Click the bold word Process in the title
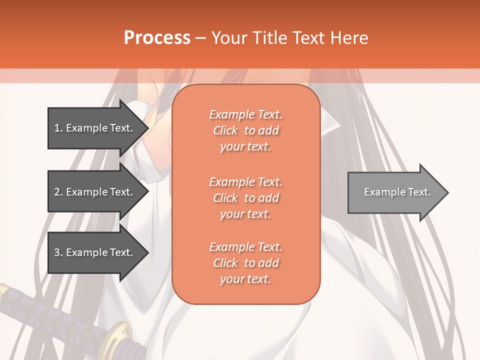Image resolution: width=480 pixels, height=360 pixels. pos(157,37)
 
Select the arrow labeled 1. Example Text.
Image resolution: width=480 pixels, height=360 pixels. pos(95,128)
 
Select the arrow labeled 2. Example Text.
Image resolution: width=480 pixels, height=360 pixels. pos(95,192)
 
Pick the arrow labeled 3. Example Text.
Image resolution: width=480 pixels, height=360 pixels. pos(95,252)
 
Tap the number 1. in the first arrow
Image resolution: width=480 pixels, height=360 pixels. pos(58,128)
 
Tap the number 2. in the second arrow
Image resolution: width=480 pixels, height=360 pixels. pos(58,192)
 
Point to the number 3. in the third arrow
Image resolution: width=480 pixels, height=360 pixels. pos(58,252)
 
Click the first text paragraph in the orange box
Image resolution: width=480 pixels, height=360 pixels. pos(245,130)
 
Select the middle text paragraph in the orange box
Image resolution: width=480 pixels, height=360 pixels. pos(245,198)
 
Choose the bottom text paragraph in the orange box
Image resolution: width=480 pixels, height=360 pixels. pos(245,263)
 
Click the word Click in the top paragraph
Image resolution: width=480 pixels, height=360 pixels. pos(225,130)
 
